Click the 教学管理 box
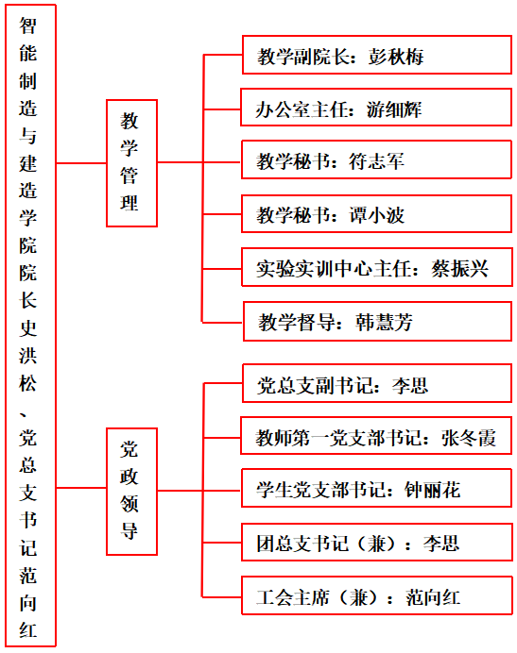[132, 163]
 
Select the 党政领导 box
[132, 492]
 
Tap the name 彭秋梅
[396, 57]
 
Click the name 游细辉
[394, 109]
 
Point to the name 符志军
[376, 161]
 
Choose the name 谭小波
[376, 215]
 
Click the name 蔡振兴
[460, 269]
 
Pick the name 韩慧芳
[384, 323]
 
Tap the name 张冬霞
[469, 438]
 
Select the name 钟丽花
[432, 490]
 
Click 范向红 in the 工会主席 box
[433, 598]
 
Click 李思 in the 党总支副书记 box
[410, 386]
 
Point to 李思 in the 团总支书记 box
[441, 544]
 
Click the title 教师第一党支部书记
[338, 438]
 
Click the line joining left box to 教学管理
[81, 163]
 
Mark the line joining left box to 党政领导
[81, 488]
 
